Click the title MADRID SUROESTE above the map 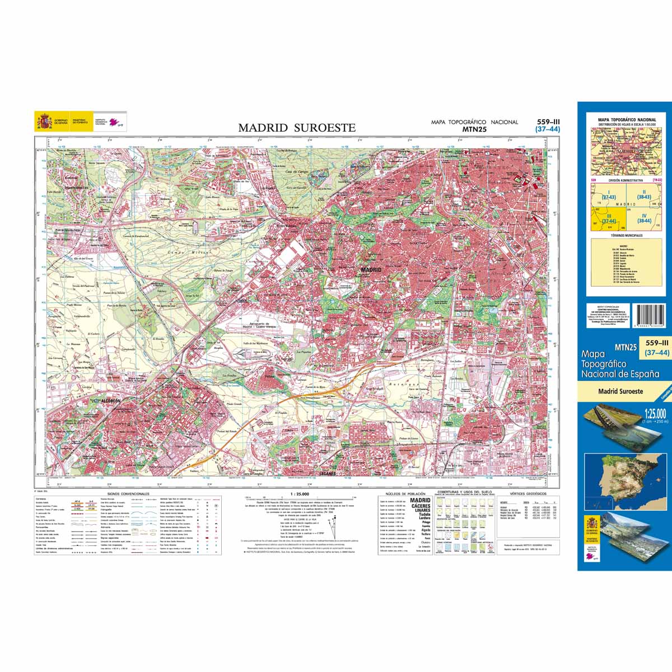click(x=297, y=128)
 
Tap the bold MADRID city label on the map click(x=371, y=270)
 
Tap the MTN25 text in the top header click(x=474, y=129)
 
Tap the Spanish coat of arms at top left click(x=44, y=121)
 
